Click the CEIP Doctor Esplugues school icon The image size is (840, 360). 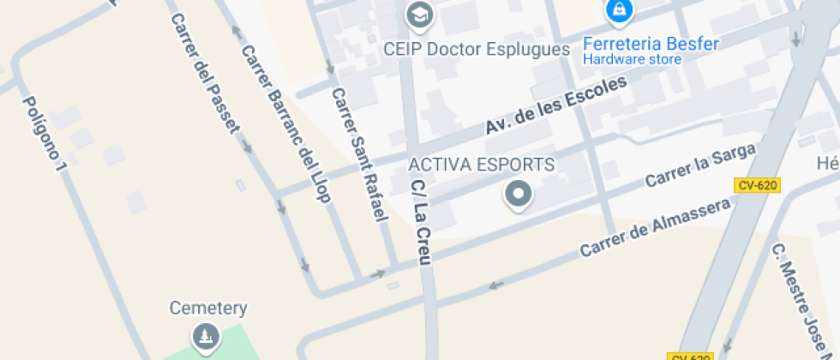tap(419, 15)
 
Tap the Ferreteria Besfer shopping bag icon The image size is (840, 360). tap(617, 11)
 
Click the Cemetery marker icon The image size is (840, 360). tap(205, 337)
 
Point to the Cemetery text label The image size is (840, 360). tap(208, 308)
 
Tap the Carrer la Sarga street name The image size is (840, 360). tap(700, 165)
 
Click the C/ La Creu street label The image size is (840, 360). tap(419, 222)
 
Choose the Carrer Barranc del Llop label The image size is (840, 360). tap(285, 123)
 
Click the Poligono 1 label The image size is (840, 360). tap(44, 132)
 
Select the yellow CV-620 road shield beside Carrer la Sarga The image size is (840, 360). tap(756, 185)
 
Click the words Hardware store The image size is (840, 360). tap(632, 59)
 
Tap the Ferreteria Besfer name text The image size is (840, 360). tap(650, 43)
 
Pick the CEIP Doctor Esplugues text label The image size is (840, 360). tap(477, 49)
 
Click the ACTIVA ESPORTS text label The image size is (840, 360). tap(481, 164)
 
